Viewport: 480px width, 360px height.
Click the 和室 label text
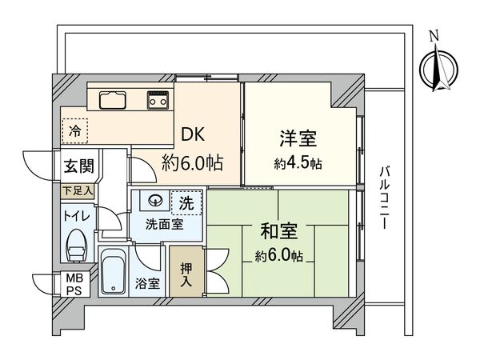[279, 233]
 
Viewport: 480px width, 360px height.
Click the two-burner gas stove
[157, 101]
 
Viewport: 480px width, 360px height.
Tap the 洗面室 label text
[164, 225]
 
